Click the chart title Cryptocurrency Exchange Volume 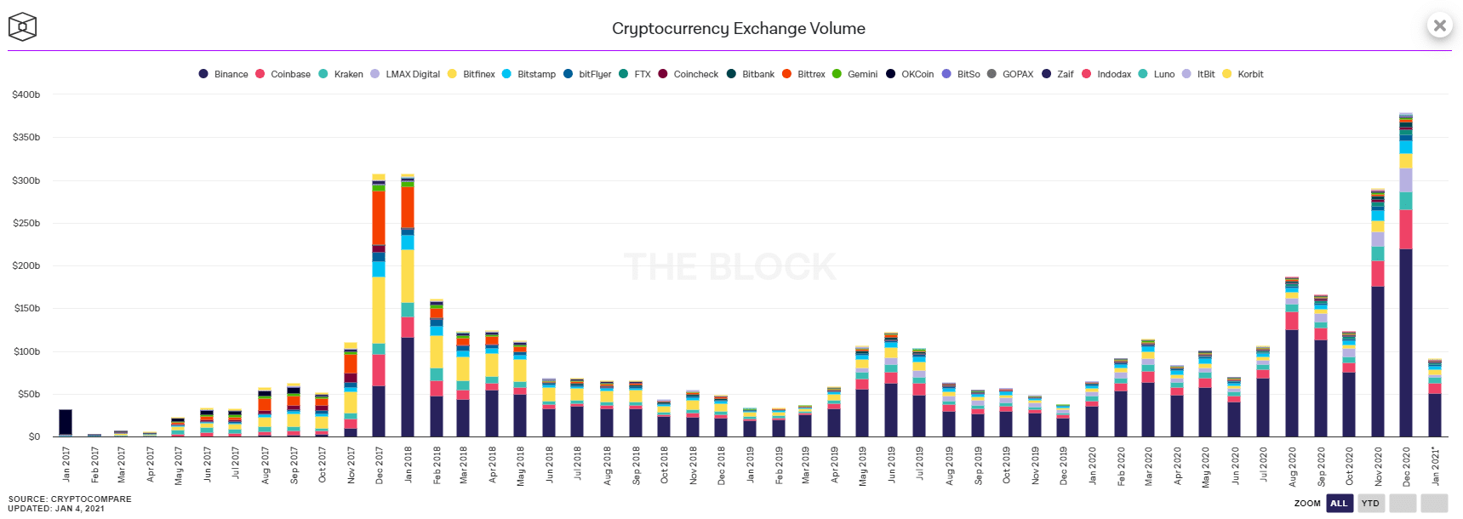(738, 29)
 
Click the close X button (1439, 26)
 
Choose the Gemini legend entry (855, 74)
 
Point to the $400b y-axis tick (26, 94)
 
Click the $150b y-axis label (26, 308)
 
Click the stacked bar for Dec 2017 (379, 306)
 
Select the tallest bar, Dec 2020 (1406, 281)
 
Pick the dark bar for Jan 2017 (66, 423)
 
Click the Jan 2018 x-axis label (409, 465)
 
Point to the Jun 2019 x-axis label (892, 465)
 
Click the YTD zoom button (1370, 503)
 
